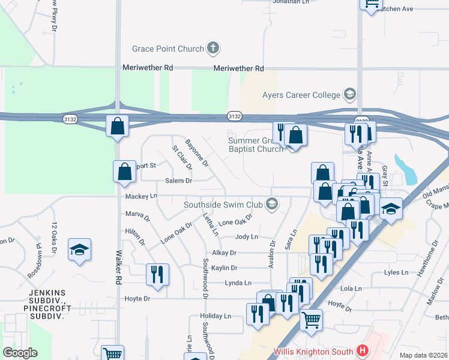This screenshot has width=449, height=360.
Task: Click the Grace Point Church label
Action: pyautogui.click(x=170, y=47)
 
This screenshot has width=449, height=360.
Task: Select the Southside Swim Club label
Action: pyautogui.click(x=225, y=204)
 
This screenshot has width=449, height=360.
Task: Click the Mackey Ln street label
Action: pyautogui.click(x=141, y=196)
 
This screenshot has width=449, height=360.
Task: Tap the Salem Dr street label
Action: pyautogui.click(x=178, y=181)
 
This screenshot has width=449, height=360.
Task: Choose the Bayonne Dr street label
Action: pyautogui.click(x=196, y=154)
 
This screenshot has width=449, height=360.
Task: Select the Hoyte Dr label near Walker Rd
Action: pyautogui.click(x=137, y=298)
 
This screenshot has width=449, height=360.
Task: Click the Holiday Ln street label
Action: pyautogui.click(x=215, y=316)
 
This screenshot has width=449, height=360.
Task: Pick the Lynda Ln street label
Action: pyautogui.click(x=238, y=283)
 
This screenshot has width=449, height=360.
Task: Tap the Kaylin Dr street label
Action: pyautogui.click(x=224, y=268)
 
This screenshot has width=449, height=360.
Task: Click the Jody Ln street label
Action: pyautogui.click(x=246, y=237)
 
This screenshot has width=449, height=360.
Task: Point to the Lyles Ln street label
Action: pyautogui.click(x=399, y=272)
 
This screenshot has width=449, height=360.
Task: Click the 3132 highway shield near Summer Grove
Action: pyautogui.click(x=235, y=116)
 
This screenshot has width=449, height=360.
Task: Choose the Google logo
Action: pyautogui.click(x=20, y=353)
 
